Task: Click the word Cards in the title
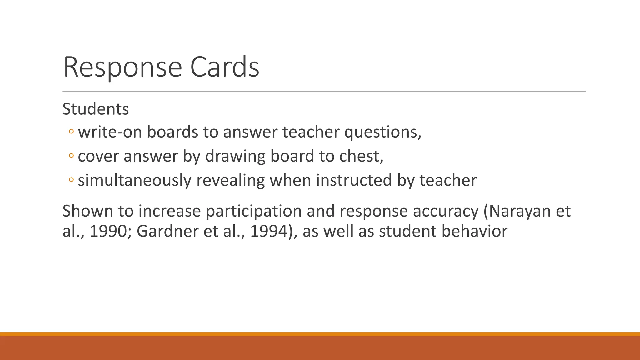tap(224, 67)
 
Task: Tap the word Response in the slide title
tap(122, 67)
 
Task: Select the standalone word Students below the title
tap(96, 109)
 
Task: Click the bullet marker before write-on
tap(71, 132)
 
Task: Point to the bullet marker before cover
tap(71, 156)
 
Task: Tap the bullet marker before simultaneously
tap(71, 180)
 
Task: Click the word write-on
tap(110, 132)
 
